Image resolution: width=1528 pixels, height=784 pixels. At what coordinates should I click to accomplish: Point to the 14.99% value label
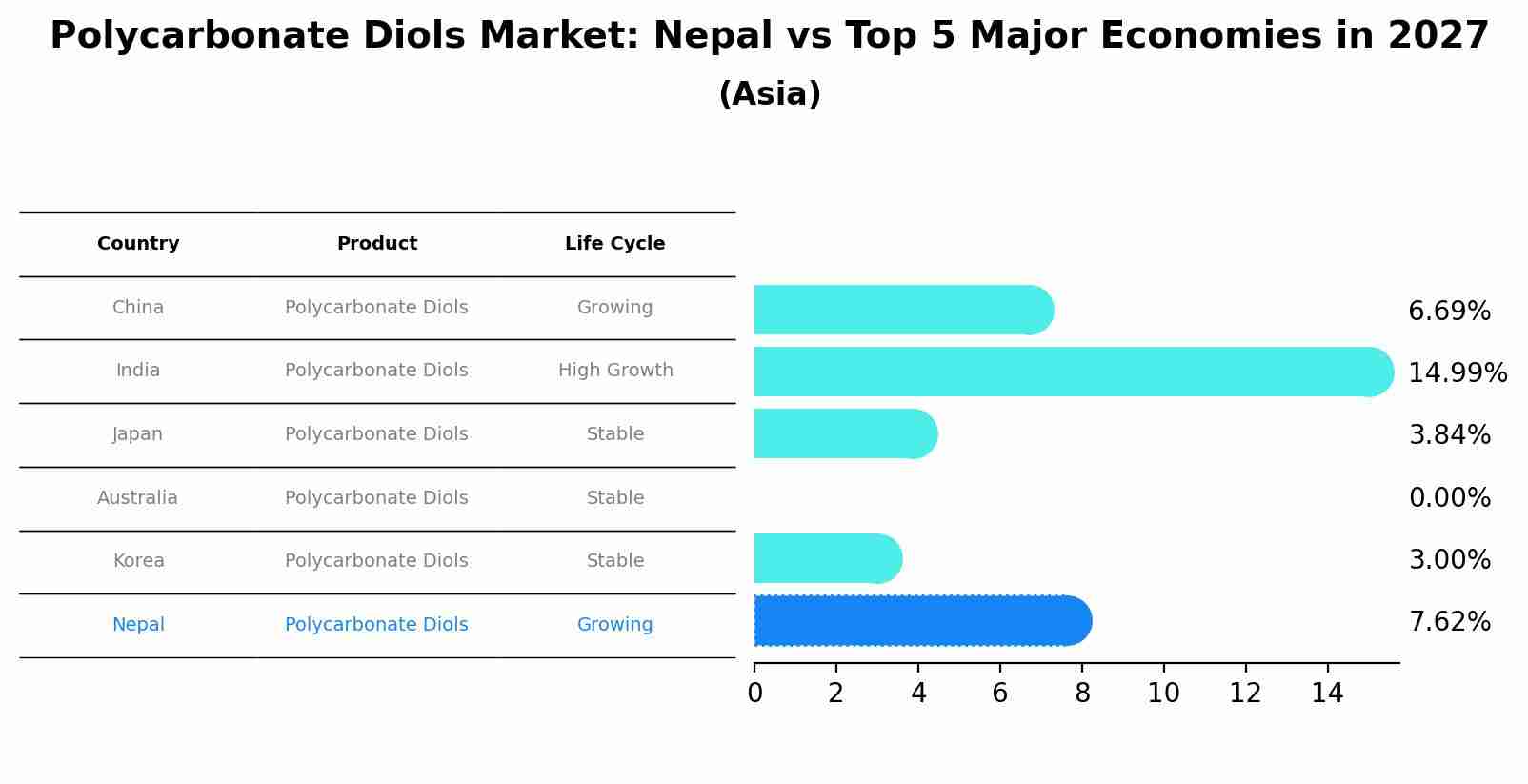tap(1457, 372)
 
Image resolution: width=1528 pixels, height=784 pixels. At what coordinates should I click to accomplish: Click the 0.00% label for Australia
tap(1449, 497)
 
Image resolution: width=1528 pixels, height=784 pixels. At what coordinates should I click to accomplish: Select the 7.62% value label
tap(1449, 622)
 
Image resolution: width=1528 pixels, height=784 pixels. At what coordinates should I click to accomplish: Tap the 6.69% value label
tap(1449, 312)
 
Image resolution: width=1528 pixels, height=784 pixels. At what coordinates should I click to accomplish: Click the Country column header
tap(138, 244)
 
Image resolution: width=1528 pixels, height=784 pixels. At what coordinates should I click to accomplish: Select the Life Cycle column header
tap(614, 244)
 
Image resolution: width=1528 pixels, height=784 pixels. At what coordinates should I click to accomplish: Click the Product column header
tap(376, 244)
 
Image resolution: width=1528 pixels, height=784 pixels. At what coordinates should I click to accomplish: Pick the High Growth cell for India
tap(614, 371)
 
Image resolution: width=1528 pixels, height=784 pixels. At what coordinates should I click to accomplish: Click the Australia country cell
tap(137, 497)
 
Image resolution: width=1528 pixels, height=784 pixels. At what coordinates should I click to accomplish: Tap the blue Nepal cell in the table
tap(138, 625)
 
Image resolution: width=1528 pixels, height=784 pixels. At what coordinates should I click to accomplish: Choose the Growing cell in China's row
tap(614, 308)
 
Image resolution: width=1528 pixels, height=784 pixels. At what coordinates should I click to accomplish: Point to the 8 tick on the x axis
tap(1082, 694)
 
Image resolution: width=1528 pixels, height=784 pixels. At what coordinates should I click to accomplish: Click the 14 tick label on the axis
tap(1327, 694)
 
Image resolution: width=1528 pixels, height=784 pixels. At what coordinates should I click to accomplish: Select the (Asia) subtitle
tap(770, 94)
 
